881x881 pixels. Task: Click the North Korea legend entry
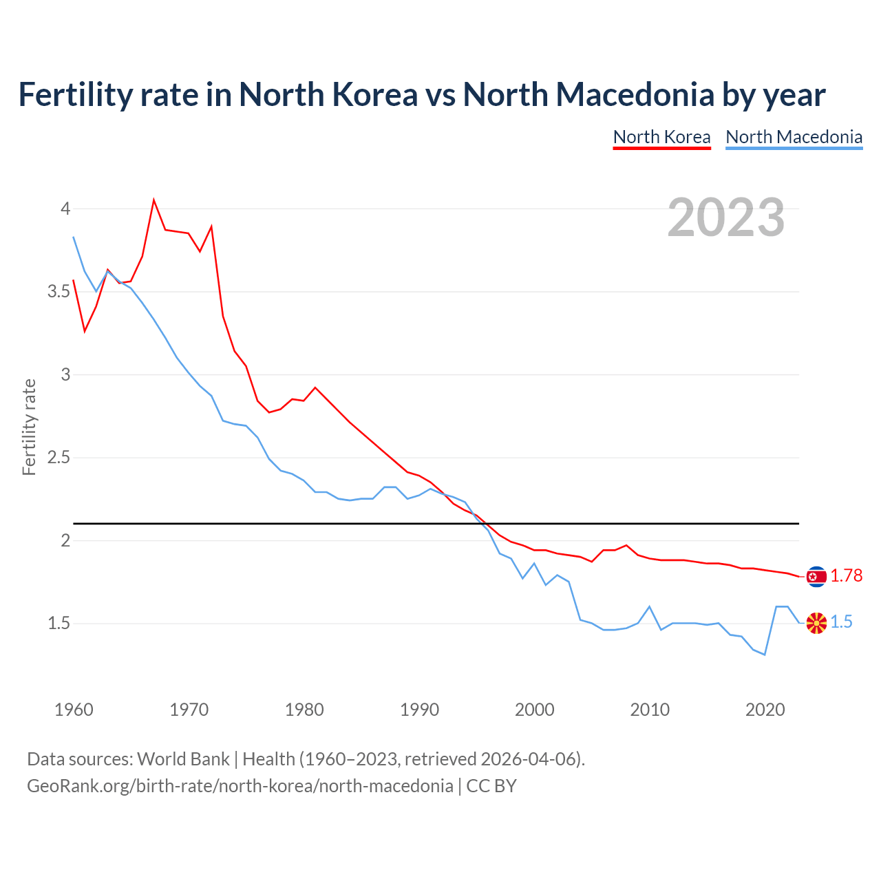click(661, 137)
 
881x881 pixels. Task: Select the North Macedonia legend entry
click(794, 137)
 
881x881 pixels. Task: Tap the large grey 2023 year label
click(726, 217)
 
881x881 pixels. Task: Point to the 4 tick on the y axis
click(65, 209)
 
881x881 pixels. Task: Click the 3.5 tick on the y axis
click(59, 292)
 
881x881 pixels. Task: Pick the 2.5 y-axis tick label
click(59, 458)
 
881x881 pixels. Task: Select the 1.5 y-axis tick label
click(59, 624)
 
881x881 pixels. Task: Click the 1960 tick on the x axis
click(74, 710)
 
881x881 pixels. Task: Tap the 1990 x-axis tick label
click(419, 710)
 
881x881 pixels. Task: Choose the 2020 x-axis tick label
click(765, 710)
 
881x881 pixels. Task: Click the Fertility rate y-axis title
click(29, 427)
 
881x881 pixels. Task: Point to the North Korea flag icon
click(816, 577)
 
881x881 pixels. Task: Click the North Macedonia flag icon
click(816, 623)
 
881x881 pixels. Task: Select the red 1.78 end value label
click(846, 576)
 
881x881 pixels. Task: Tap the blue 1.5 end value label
click(841, 622)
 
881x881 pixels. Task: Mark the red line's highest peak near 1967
click(153, 200)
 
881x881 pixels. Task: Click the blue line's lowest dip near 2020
click(765, 655)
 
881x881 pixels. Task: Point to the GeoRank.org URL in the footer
click(240, 786)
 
